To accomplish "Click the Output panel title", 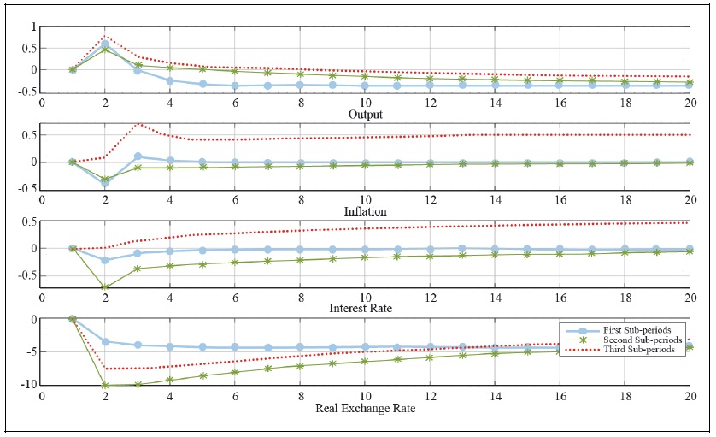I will tap(364, 114).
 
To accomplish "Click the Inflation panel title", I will tap(364, 211).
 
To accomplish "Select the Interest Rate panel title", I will tap(364, 308).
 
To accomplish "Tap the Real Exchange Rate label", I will tap(364, 408).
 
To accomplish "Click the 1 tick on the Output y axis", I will tap(33, 27).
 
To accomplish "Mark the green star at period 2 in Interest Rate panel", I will tap(105, 287).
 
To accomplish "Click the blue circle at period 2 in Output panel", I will tap(105, 44).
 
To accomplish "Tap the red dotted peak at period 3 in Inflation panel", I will tap(137, 124).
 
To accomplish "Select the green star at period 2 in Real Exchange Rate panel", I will tap(105, 385).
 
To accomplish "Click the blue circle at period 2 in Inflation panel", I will tap(105, 183).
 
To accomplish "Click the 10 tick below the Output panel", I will tap(365, 103).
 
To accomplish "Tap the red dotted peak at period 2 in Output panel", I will tap(105, 36).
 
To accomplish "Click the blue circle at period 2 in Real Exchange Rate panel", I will tap(105, 341).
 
